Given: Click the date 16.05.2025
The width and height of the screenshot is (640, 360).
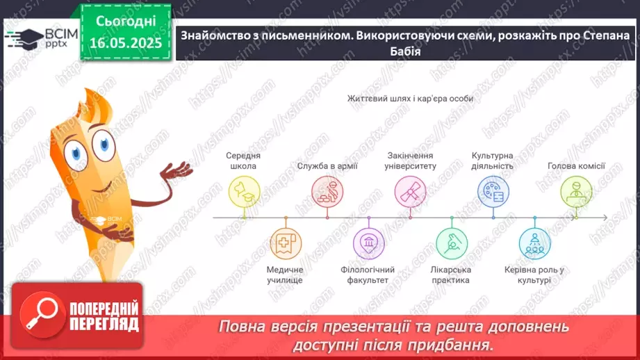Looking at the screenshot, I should click(125, 43).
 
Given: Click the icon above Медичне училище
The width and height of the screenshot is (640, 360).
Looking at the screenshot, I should click(285, 243).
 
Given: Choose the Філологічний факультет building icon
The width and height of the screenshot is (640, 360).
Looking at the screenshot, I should click(368, 243).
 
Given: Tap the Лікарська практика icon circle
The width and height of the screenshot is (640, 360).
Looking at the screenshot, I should click(452, 243).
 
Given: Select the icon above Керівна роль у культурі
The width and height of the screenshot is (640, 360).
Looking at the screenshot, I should click(535, 243).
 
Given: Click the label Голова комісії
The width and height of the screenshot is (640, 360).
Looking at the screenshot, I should click(576, 166).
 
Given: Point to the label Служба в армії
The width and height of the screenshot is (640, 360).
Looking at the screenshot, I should click(327, 166).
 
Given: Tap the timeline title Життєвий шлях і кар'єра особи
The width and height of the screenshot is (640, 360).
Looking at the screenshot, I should click(410, 99).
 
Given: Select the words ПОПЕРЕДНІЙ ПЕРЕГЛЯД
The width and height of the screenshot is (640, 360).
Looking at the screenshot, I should click(104, 316).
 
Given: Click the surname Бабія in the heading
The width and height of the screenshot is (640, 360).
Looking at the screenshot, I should click(404, 51).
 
